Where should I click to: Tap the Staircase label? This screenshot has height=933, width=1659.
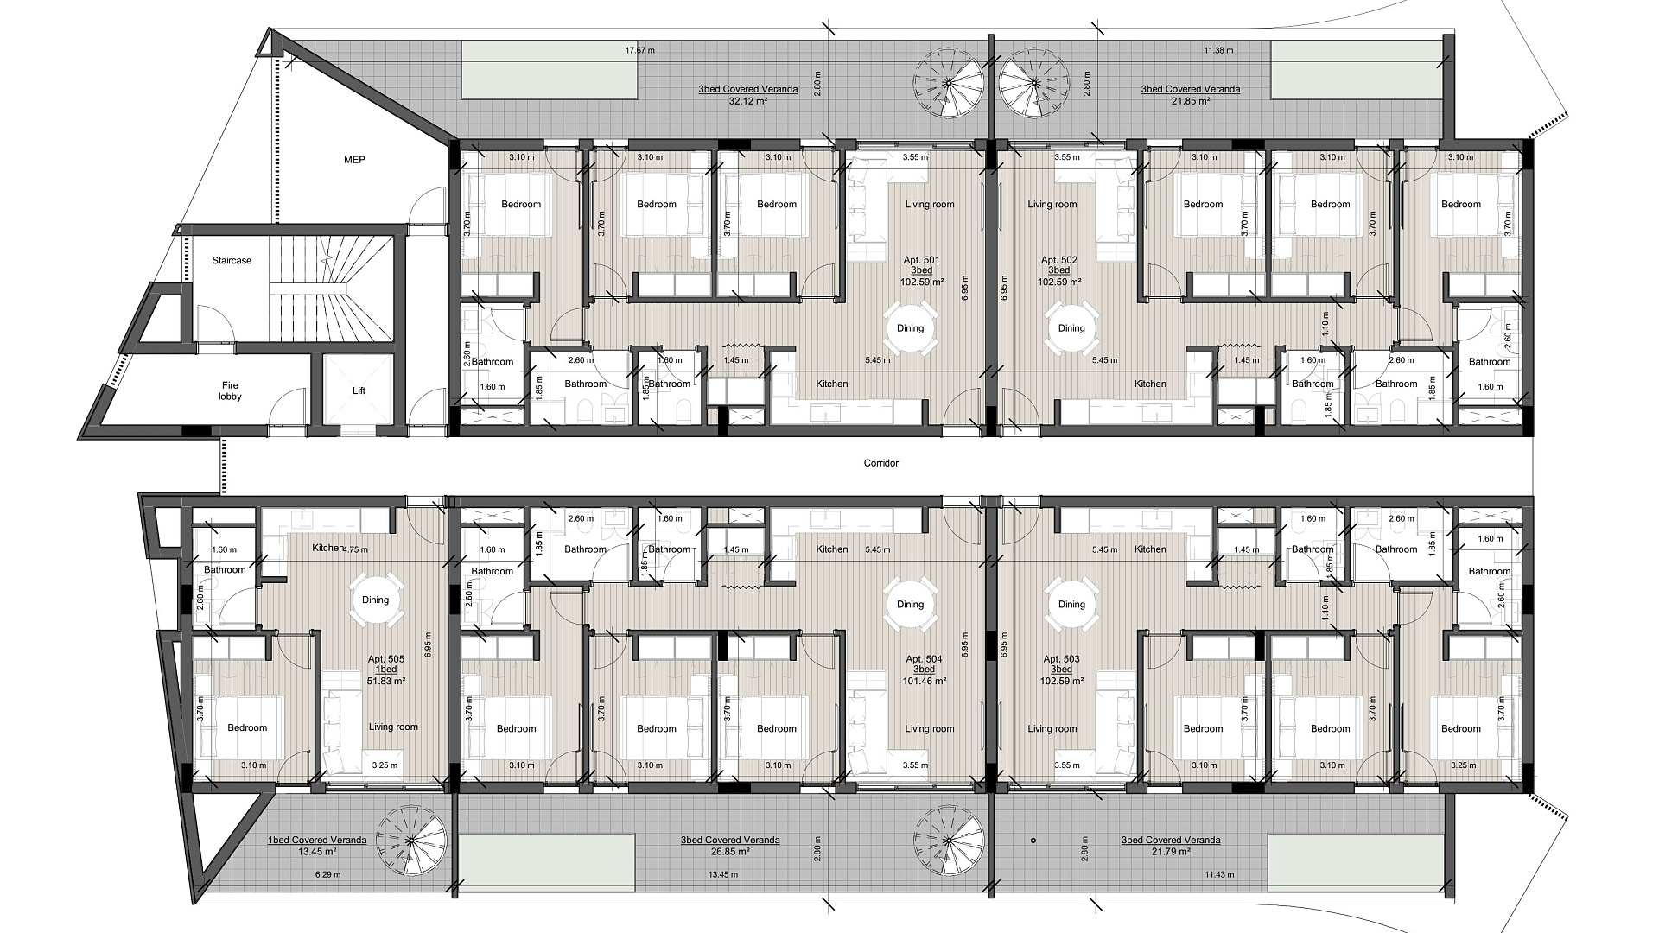232,260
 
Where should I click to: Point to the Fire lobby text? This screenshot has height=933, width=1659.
230,391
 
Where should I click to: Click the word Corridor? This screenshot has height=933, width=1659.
881,463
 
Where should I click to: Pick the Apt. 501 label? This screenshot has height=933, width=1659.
922,260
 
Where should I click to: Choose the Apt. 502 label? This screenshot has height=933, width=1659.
1058,260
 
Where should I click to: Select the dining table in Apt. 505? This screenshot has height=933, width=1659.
376,600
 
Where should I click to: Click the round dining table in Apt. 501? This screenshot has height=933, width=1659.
910,328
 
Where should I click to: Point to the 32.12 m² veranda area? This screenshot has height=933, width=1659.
748,100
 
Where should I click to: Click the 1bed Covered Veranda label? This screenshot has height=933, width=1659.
317,840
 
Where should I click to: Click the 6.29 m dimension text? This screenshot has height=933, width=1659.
328,874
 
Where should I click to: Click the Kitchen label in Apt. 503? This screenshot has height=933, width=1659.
1150,549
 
